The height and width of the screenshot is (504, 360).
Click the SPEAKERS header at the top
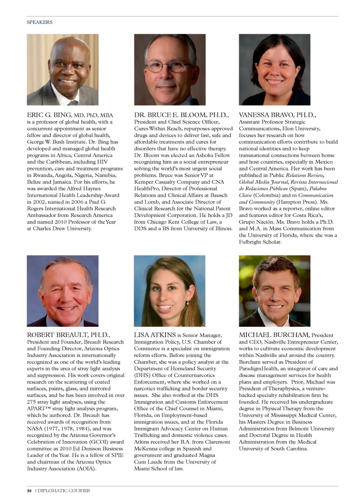click(39, 22)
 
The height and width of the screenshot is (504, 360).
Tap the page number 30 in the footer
click(29, 491)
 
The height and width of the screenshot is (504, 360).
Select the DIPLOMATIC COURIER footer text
click(64, 491)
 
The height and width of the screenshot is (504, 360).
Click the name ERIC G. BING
click(49, 115)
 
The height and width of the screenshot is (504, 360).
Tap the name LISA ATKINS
click(155, 335)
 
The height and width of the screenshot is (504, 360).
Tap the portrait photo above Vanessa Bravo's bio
click(274, 70)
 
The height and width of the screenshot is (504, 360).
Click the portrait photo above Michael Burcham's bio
click(274, 291)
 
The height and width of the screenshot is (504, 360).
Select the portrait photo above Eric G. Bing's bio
click(63, 70)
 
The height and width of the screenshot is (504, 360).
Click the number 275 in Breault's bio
click(32, 402)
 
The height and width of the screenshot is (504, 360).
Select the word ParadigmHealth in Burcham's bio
click(258, 369)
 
